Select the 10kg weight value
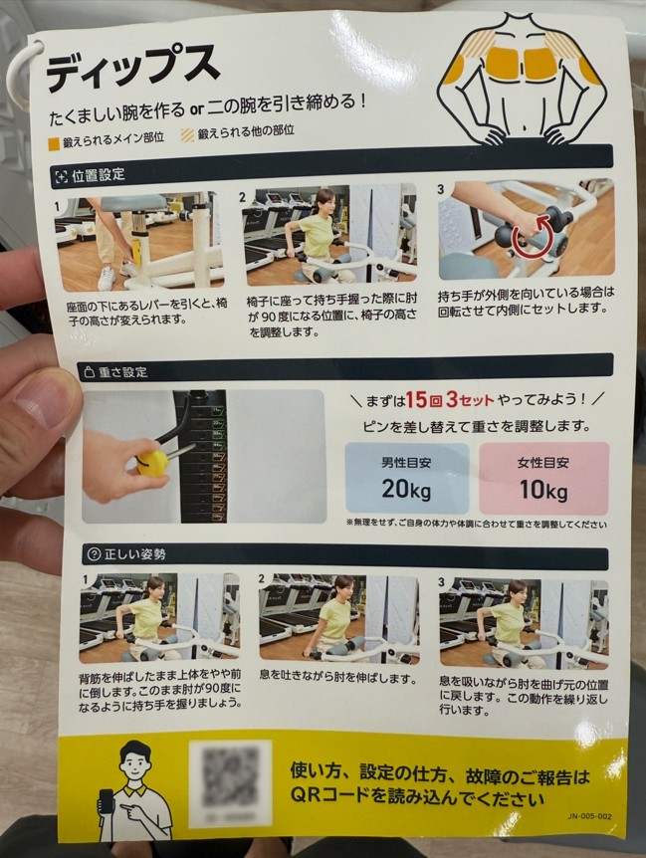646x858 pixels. click(x=542, y=490)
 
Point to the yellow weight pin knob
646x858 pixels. click(x=151, y=461)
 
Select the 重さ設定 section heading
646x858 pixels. click(x=121, y=371)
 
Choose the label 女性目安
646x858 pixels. click(x=542, y=463)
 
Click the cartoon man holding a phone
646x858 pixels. click(x=133, y=791)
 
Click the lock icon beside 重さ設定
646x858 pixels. click(x=88, y=371)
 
